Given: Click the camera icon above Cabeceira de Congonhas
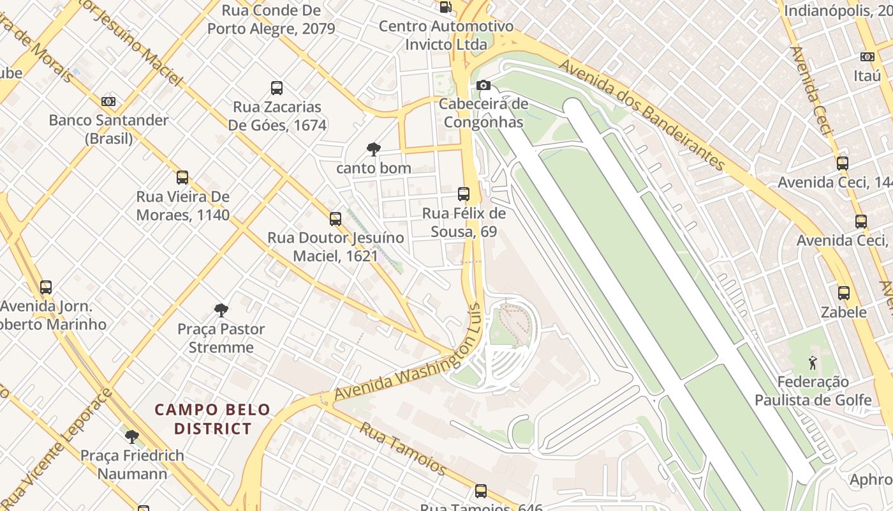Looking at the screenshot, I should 483,85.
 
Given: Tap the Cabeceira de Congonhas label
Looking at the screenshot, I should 483,113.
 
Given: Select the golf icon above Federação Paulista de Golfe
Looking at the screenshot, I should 813,363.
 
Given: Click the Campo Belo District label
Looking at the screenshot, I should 213,419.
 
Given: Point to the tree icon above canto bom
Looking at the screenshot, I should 374,149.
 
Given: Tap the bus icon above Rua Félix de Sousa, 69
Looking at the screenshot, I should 464,194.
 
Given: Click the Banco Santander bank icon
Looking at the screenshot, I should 108,101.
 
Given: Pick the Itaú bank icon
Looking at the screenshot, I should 867,57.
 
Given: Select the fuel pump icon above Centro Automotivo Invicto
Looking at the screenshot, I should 446,7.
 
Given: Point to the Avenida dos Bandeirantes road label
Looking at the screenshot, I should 643,116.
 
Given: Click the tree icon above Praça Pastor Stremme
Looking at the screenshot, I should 221,310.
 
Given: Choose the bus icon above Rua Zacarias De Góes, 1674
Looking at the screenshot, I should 277,88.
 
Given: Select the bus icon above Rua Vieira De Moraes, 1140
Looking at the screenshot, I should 182,178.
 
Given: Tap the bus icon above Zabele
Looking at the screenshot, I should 844,293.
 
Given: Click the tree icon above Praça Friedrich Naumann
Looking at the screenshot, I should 132,437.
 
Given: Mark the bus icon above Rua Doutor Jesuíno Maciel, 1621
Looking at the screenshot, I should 336,219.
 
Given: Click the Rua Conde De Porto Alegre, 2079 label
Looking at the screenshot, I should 271,19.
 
